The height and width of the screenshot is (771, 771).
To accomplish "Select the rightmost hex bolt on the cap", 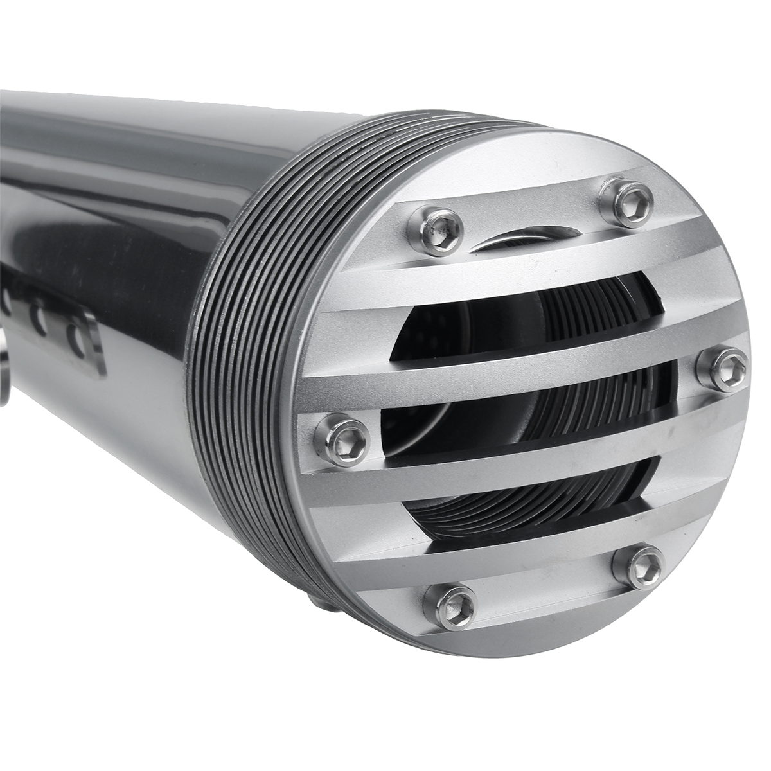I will (x=731, y=368).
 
